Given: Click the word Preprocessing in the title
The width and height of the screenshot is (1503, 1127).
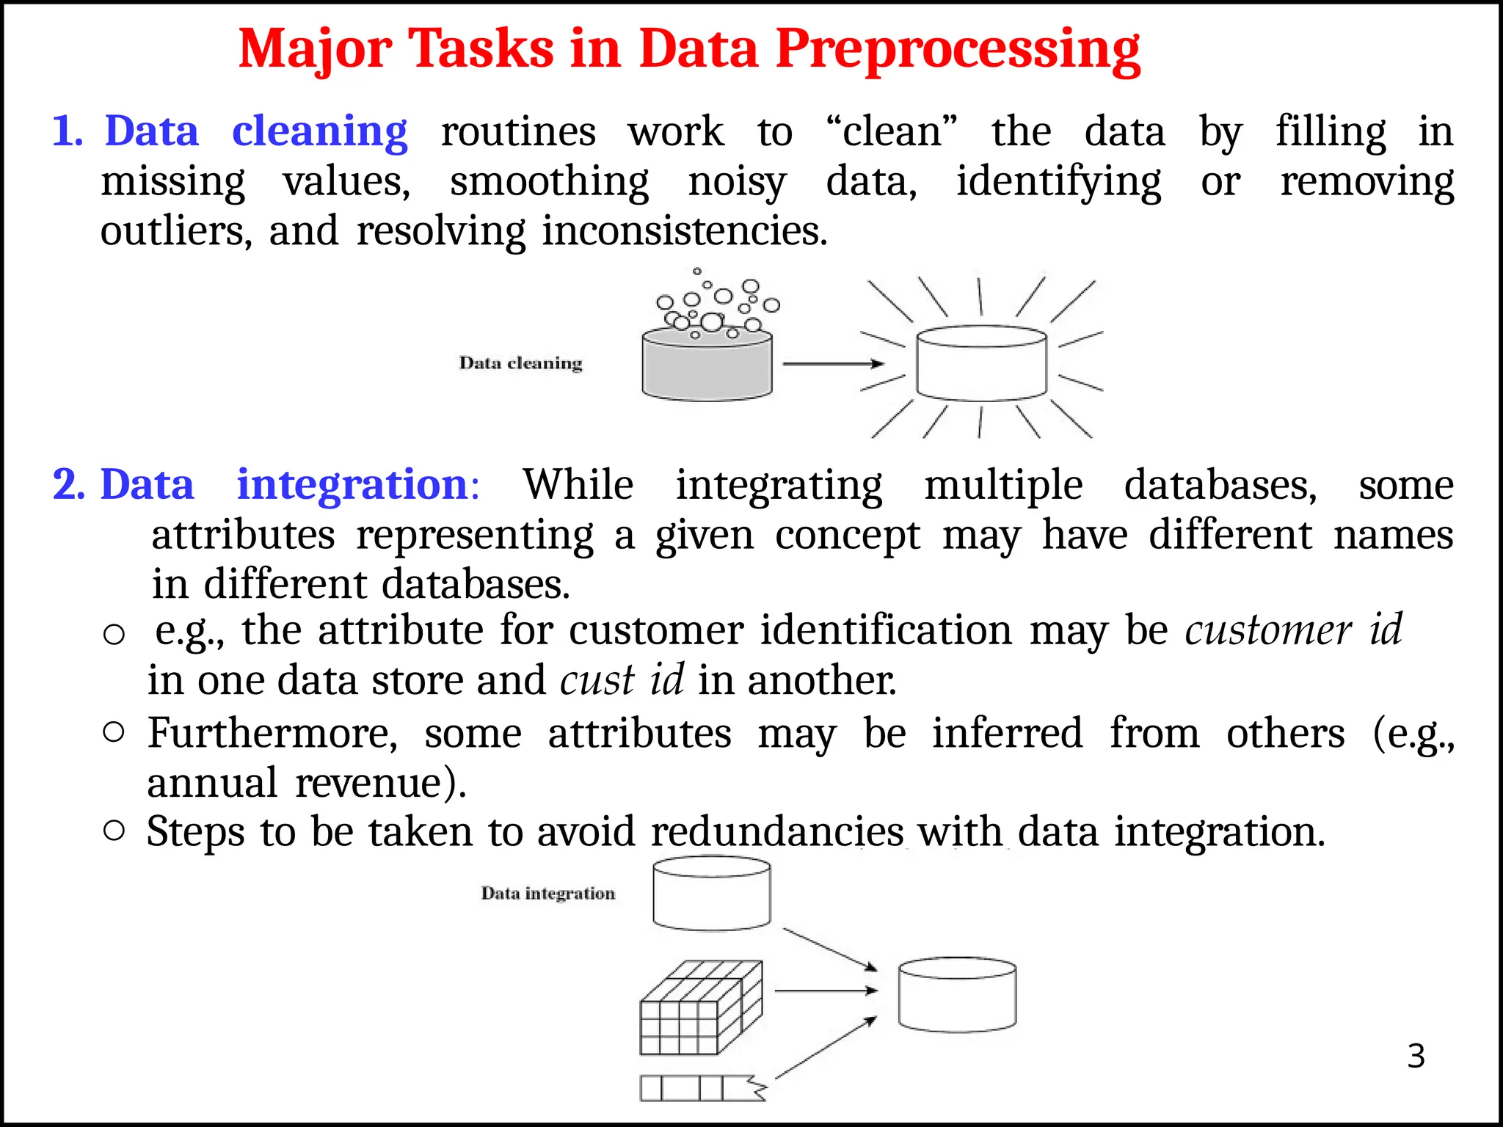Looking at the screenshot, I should tap(957, 50).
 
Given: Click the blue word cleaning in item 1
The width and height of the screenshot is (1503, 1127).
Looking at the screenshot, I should tap(319, 132).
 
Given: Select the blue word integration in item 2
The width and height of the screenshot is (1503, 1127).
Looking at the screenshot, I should tap(352, 485).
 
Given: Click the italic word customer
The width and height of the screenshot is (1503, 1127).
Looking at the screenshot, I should tap(1267, 630).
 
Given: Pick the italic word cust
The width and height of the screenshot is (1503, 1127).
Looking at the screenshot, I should tap(597, 680).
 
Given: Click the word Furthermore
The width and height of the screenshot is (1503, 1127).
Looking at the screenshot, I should tap(272, 733).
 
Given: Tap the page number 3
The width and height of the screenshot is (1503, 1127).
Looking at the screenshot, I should tap(1416, 1057).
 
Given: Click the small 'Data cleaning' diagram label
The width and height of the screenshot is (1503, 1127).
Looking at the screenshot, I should tap(520, 363).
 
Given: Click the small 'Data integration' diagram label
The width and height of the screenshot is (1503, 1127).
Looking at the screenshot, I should tap(547, 894).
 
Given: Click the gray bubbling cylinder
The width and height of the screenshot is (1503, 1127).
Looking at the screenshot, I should tap(707, 364).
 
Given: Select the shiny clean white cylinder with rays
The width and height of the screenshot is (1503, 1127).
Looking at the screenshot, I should tap(981, 362).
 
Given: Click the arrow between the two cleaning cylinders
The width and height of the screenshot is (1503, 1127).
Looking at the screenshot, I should tap(832, 364).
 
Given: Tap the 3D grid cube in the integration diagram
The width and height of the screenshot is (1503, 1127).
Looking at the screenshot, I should tap(700, 1008).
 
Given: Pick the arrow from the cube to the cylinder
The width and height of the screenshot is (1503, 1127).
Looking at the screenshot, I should tap(825, 991).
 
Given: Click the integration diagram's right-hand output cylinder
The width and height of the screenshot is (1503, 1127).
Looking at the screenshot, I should tap(957, 994).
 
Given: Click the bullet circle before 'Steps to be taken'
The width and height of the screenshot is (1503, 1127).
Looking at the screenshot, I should tap(114, 831).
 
